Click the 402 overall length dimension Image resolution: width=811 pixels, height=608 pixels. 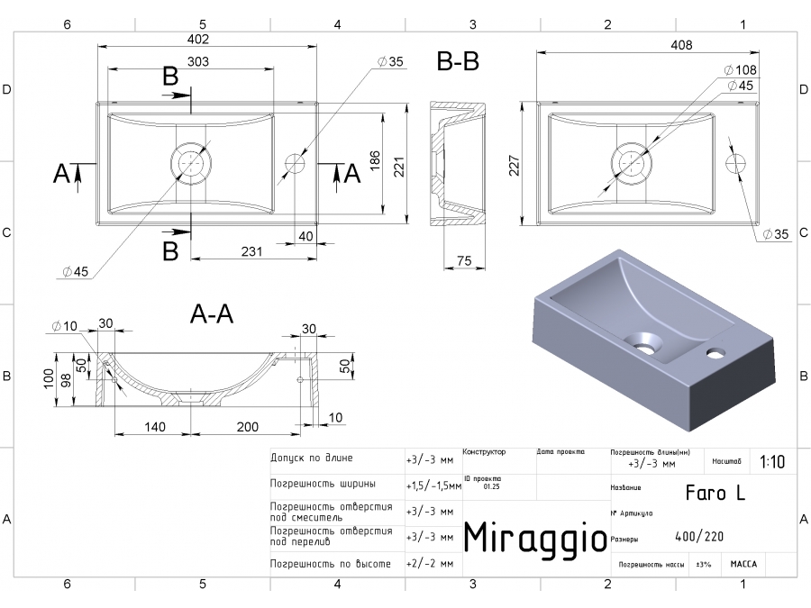[198, 40]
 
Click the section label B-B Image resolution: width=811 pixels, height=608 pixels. [458, 62]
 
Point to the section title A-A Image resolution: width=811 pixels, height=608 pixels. [212, 313]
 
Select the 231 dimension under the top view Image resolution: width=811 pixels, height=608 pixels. [251, 251]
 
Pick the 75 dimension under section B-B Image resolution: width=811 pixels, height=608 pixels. [464, 260]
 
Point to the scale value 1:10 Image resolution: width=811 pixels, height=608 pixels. [772, 462]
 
